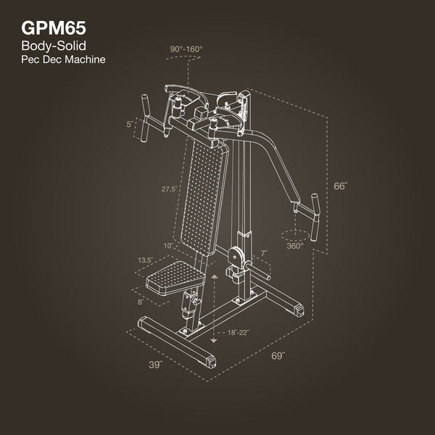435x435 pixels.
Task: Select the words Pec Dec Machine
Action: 64,59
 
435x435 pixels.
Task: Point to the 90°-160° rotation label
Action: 186,49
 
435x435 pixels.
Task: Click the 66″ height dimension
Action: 341,186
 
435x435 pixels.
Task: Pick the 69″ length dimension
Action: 278,356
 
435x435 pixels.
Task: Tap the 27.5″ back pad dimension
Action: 170,188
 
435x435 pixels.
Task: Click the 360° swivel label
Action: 294,246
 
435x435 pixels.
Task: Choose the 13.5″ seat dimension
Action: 144,259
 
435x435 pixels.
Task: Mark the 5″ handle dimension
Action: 130,124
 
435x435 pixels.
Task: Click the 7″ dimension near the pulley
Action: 265,253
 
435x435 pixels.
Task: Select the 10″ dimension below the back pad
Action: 167,246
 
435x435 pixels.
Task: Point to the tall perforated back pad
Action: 201,196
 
